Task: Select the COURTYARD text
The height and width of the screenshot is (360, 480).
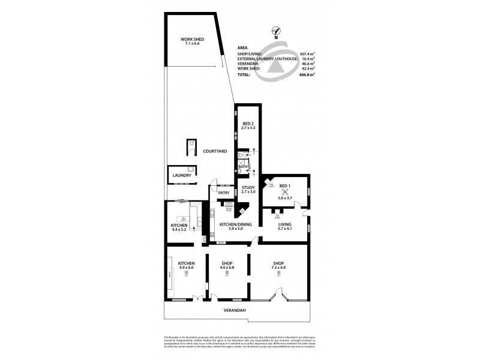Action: point(214,151)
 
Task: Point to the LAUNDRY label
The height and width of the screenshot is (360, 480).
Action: point(182,176)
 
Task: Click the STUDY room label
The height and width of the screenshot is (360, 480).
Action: point(248,188)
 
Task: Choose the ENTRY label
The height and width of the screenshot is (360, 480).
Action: point(224,193)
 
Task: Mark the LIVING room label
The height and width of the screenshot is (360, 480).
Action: point(285,224)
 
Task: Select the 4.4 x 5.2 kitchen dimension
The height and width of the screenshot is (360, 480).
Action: point(179,230)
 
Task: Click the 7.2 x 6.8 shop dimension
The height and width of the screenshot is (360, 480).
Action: point(279,268)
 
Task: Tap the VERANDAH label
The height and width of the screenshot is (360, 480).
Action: point(238,310)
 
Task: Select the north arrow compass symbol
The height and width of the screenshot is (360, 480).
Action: point(276,31)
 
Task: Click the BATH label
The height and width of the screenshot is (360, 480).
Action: point(242,166)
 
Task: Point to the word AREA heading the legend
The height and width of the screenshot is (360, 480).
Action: point(243,47)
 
